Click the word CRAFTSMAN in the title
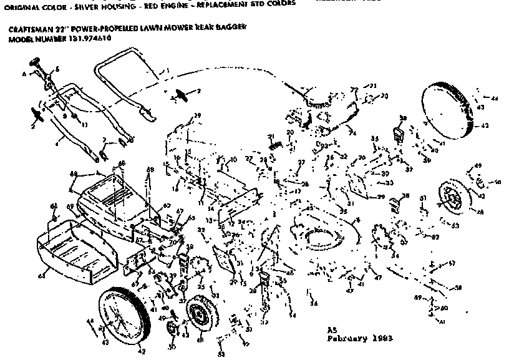click(x=31, y=29)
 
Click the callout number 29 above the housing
click(x=198, y=116)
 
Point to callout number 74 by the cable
click(x=352, y=133)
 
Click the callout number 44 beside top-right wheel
click(x=495, y=99)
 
